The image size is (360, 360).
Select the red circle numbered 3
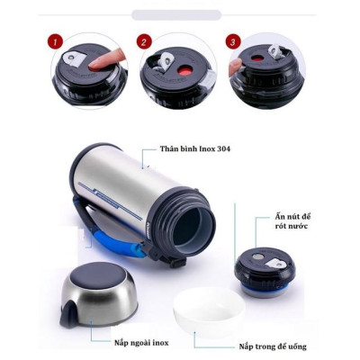[x=233, y=42]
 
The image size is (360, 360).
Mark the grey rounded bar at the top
[x=176, y=14]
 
